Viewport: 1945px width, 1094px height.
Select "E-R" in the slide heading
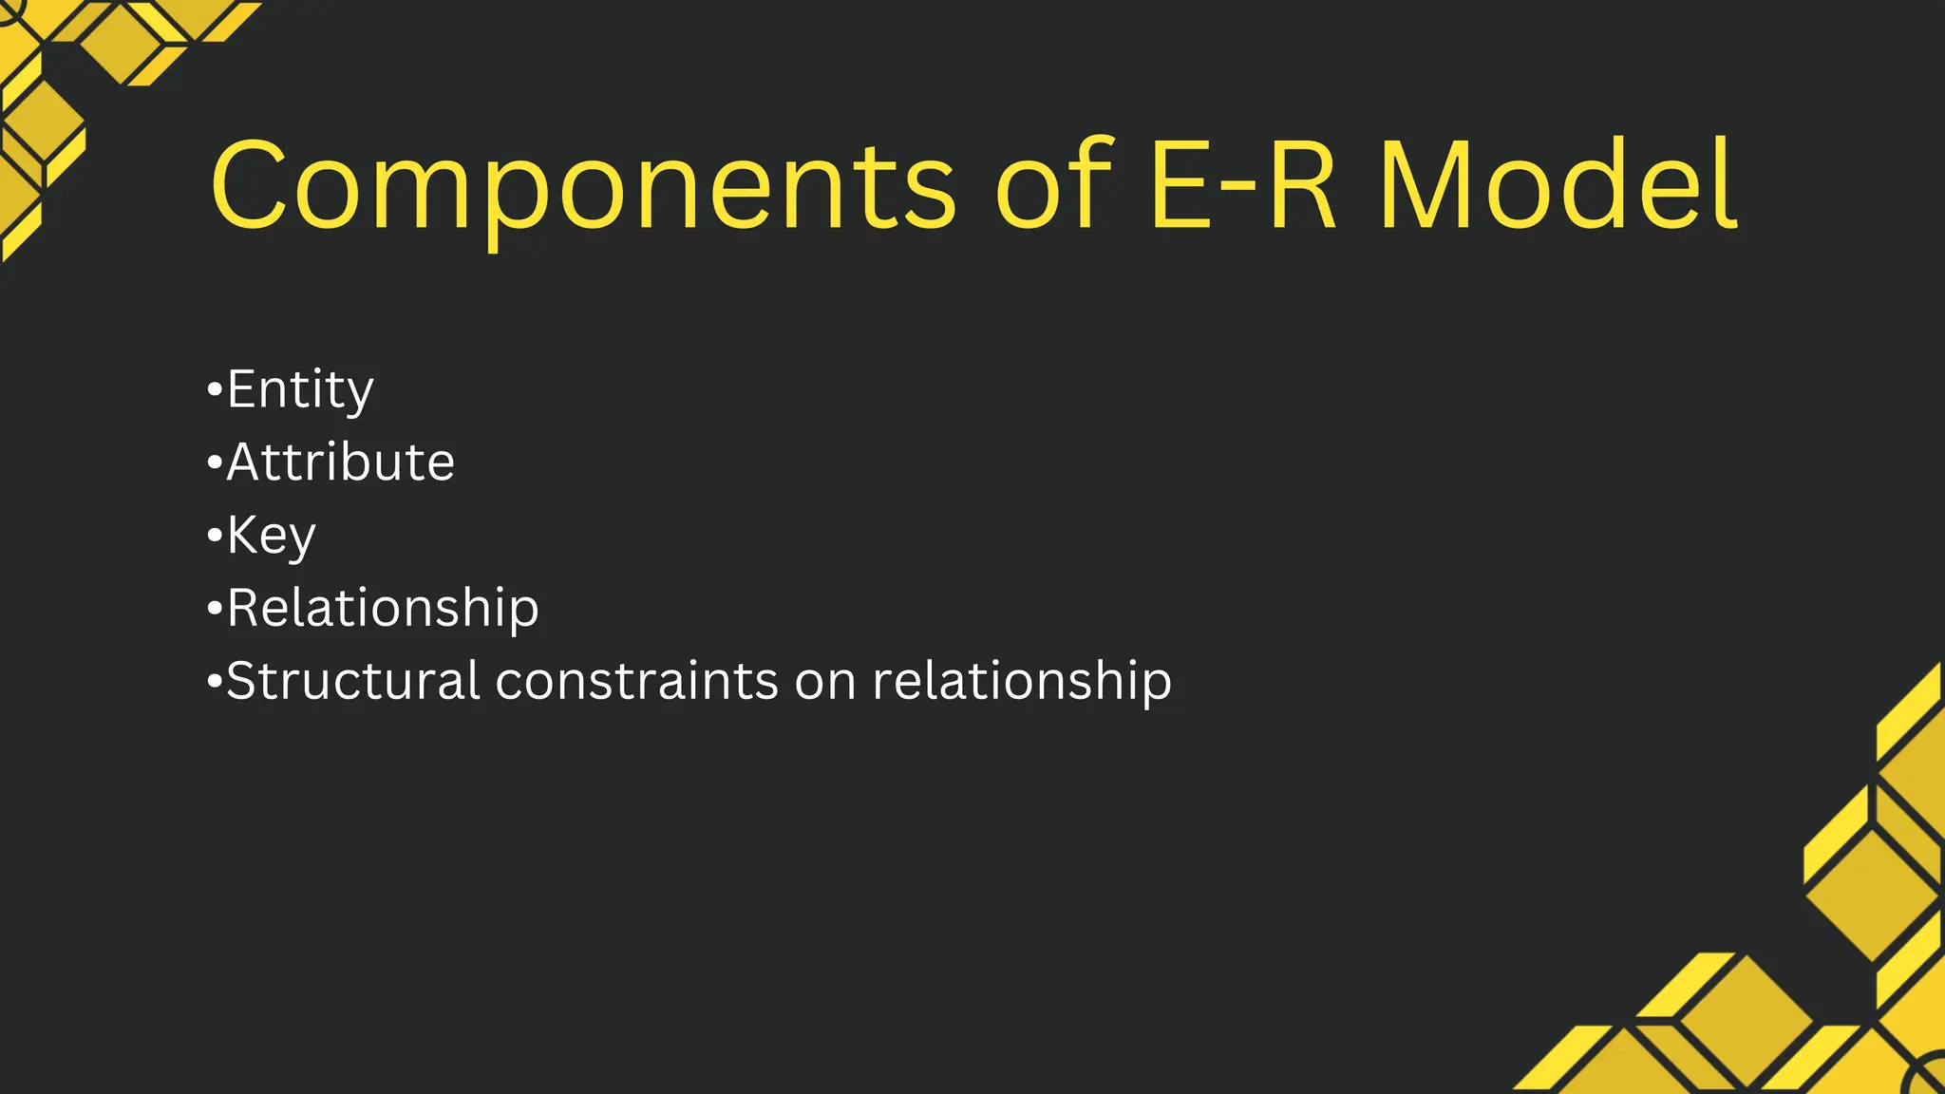click(x=1245, y=184)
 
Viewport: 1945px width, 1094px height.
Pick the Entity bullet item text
click(x=300, y=389)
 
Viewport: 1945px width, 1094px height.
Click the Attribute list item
click(x=340, y=462)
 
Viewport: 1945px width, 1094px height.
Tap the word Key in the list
click(x=271, y=536)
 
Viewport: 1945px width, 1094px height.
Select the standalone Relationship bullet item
click(x=383, y=608)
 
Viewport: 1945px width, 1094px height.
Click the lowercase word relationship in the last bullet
click(x=1022, y=681)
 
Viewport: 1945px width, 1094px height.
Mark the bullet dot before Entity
click(x=214, y=389)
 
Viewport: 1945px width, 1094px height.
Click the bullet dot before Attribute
click(x=214, y=462)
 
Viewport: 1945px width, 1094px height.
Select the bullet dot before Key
click(x=214, y=535)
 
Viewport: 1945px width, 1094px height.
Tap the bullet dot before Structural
click(x=214, y=681)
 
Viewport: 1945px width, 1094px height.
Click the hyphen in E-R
click(x=1240, y=192)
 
